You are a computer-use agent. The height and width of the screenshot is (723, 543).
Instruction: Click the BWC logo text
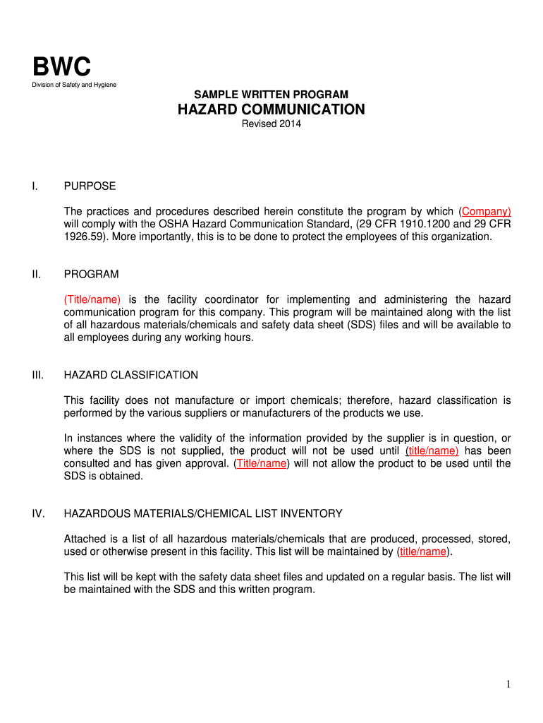62,67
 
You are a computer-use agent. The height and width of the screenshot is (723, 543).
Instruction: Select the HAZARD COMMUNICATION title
271,109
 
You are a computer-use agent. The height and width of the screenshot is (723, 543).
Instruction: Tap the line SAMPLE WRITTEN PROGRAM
271,94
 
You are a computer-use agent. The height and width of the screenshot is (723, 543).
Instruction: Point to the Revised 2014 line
271,124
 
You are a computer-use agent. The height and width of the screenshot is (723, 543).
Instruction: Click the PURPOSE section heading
90,186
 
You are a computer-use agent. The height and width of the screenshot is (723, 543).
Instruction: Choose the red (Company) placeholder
485,211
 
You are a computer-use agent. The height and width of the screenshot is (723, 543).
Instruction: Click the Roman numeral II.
36,274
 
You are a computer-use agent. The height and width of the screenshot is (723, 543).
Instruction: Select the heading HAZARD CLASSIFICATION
131,375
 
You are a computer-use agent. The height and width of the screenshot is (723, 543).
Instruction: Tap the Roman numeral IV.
38,513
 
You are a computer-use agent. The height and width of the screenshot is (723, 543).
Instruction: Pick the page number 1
508,684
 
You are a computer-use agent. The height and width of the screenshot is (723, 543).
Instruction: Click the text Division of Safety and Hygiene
75,85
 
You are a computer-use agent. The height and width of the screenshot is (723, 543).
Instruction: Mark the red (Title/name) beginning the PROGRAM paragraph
92,299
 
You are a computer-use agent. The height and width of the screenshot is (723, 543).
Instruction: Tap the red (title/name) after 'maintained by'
423,551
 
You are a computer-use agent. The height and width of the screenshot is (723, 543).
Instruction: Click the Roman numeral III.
38,375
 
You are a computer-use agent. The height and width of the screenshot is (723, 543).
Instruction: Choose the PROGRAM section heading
91,274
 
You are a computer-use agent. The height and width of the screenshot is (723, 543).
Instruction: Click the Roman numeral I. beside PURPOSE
35,186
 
